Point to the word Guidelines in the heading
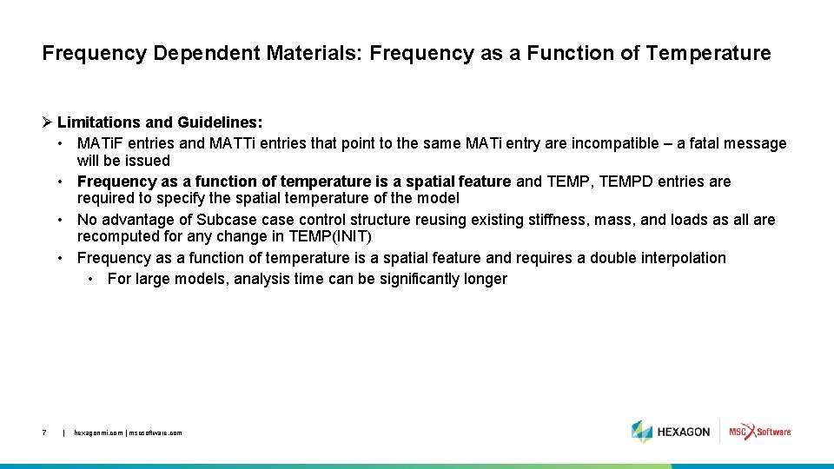coord(219,122)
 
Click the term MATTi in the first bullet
coord(232,143)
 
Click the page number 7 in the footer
coord(44,432)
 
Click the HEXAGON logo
coord(671,432)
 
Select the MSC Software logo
coord(760,432)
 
